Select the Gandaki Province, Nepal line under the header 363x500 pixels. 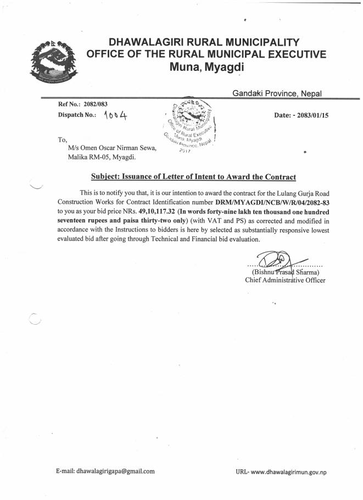(x=277, y=93)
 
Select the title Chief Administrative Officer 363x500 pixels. (x=285, y=280)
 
